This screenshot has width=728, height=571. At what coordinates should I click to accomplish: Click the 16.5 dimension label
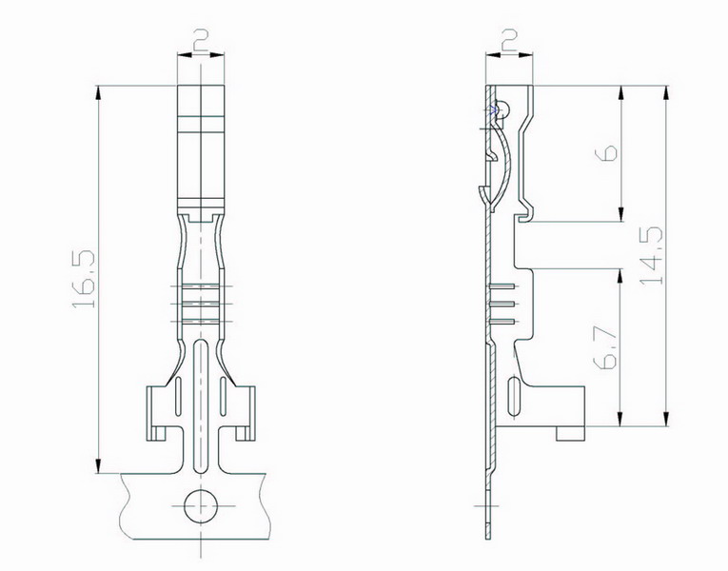[x=84, y=279]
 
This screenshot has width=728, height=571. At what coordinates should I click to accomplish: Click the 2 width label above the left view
[x=201, y=40]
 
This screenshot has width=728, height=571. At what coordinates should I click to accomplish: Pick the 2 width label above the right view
[x=510, y=40]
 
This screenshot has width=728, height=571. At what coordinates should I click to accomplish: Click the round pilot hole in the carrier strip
[x=201, y=505]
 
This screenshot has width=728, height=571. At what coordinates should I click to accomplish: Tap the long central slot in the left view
[x=201, y=405]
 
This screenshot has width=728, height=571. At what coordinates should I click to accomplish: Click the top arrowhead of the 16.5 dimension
[x=98, y=94]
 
